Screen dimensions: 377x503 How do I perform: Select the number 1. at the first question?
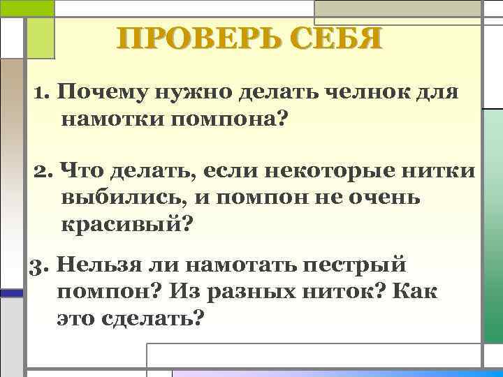tap(42, 93)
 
